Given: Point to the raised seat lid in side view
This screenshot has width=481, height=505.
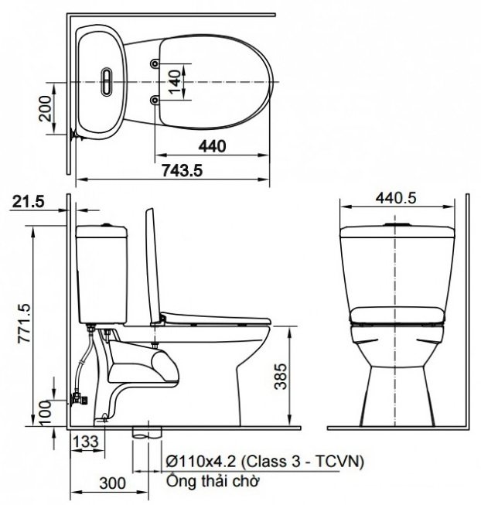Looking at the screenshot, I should tap(151, 263).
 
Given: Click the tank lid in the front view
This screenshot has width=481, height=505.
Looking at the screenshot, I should tap(397, 229).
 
